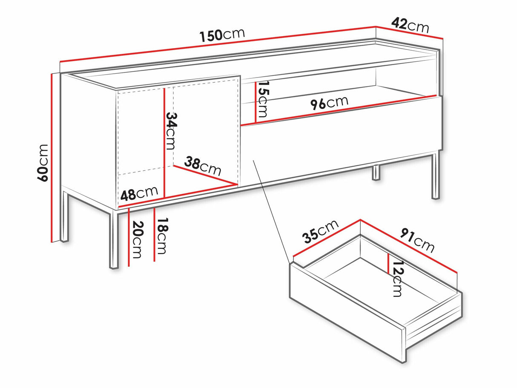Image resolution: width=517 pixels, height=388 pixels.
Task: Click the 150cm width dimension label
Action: click(x=222, y=35)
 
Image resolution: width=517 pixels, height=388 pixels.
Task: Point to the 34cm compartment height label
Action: click(x=170, y=130)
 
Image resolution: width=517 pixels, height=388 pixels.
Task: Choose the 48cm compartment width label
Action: click(x=139, y=193)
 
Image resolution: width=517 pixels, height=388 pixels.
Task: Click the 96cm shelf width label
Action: click(x=329, y=103)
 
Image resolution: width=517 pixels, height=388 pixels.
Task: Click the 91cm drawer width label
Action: click(x=417, y=241)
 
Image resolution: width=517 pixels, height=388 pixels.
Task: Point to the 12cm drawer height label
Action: click(x=397, y=279)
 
